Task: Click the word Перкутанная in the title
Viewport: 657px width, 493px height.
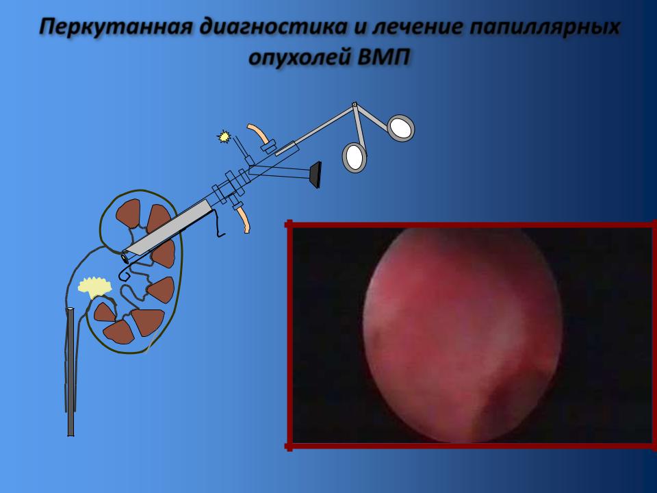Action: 116,27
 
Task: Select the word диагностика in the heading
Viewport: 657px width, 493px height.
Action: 273,27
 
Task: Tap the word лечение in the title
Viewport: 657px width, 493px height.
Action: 417,27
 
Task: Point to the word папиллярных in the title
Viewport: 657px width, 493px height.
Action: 544,27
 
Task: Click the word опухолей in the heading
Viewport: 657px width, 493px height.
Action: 300,58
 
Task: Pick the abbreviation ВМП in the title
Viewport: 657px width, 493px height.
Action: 383,57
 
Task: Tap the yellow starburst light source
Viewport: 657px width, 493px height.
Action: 224,136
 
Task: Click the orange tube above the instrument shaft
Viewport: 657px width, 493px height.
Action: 259,134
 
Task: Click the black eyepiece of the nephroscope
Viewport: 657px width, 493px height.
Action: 316,175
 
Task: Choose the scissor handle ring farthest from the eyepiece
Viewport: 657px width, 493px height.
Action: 401,128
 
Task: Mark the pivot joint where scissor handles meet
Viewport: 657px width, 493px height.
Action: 355,104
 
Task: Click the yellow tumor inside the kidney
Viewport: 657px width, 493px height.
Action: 95,287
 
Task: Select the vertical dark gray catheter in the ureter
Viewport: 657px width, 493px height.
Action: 70,372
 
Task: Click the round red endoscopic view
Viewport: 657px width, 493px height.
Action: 462,336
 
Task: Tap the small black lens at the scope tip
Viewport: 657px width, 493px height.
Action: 125,257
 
